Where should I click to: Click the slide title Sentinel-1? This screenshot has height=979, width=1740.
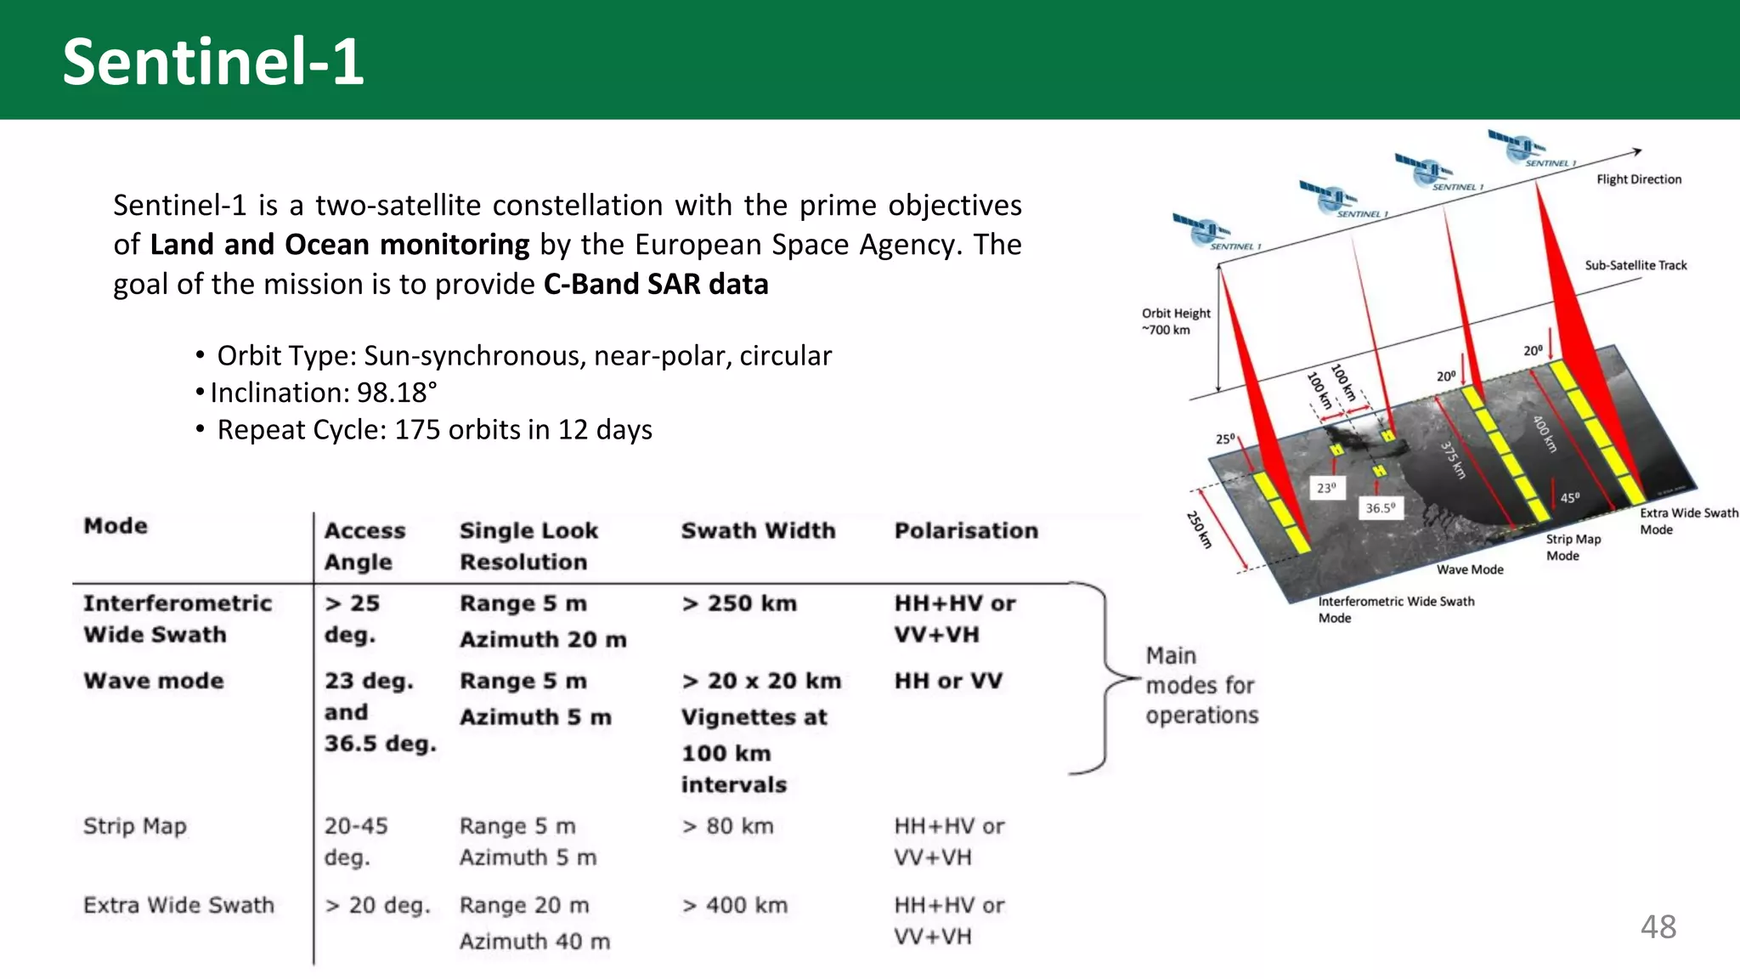(x=213, y=62)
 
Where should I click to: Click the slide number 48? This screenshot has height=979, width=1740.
(x=1658, y=926)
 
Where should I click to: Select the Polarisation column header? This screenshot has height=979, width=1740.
(x=966, y=530)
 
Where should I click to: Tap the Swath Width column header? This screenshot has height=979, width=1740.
(x=758, y=530)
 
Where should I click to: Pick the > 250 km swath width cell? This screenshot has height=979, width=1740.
(x=739, y=603)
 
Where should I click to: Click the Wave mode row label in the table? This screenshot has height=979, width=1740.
(x=154, y=681)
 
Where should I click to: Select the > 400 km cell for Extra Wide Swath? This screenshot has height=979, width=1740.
(x=735, y=905)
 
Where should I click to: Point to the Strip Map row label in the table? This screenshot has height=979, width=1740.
(x=135, y=826)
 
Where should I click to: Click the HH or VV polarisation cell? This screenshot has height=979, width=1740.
(x=948, y=681)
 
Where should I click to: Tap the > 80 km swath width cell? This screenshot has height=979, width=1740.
(x=728, y=826)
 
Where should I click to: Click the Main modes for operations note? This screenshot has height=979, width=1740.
(x=1200, y=685)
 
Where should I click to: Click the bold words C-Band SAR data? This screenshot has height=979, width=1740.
(x=656, y=284)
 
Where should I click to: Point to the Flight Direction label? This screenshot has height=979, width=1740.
(x=1638, y=179)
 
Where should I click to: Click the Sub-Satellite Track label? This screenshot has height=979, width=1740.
(x=1635, y=265)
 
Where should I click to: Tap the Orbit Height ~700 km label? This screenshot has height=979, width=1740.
(x=1175, y=321)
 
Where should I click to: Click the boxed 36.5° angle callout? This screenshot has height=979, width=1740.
(x=1380, y=508)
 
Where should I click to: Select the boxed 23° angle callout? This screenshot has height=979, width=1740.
(x=1326, y=488)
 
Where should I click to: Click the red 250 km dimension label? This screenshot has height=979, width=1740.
(x=1199, y=529)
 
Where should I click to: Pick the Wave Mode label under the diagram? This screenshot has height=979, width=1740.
(x=1470, y=569)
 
